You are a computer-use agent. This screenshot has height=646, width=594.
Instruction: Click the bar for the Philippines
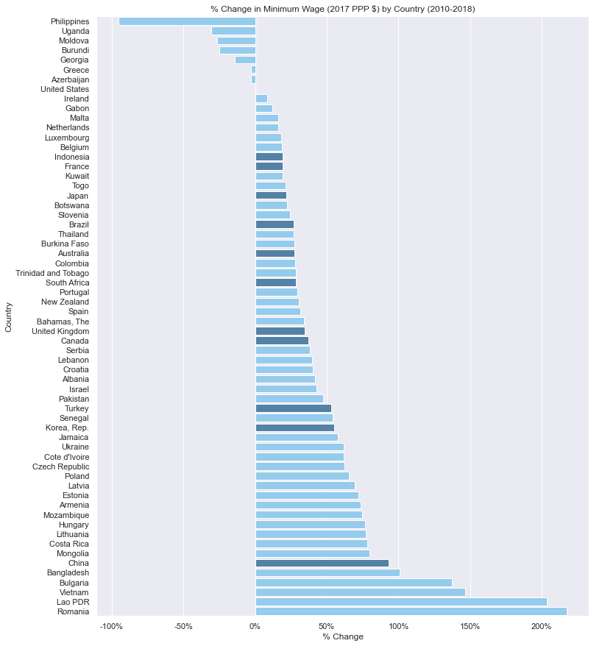(187, 21)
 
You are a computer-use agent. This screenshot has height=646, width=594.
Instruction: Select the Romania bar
(411, 611)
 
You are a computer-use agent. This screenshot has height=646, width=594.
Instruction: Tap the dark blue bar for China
(322, 563)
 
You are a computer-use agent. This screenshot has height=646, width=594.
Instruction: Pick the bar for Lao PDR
(401, 602)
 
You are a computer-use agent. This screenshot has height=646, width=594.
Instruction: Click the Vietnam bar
(360, 592)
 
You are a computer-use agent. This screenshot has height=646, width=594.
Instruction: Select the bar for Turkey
(293, 408)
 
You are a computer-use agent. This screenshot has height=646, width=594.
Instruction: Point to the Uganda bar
(233, 31)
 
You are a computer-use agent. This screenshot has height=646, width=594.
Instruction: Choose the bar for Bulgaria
(353, 583)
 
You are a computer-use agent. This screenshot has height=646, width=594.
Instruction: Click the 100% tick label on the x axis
(398, 626)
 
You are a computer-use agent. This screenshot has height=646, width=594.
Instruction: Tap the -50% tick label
(183, 626)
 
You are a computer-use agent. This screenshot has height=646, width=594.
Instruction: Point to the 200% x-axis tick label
(541, 626)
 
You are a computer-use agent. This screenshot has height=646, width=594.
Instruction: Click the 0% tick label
(255, 626)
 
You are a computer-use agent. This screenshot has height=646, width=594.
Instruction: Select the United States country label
(65, 89)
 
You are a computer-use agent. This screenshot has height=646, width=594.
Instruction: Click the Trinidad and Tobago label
(52, 273)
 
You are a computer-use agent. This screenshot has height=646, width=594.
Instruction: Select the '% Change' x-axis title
(343, 637)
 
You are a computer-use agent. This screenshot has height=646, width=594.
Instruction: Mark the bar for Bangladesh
(327, 572)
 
